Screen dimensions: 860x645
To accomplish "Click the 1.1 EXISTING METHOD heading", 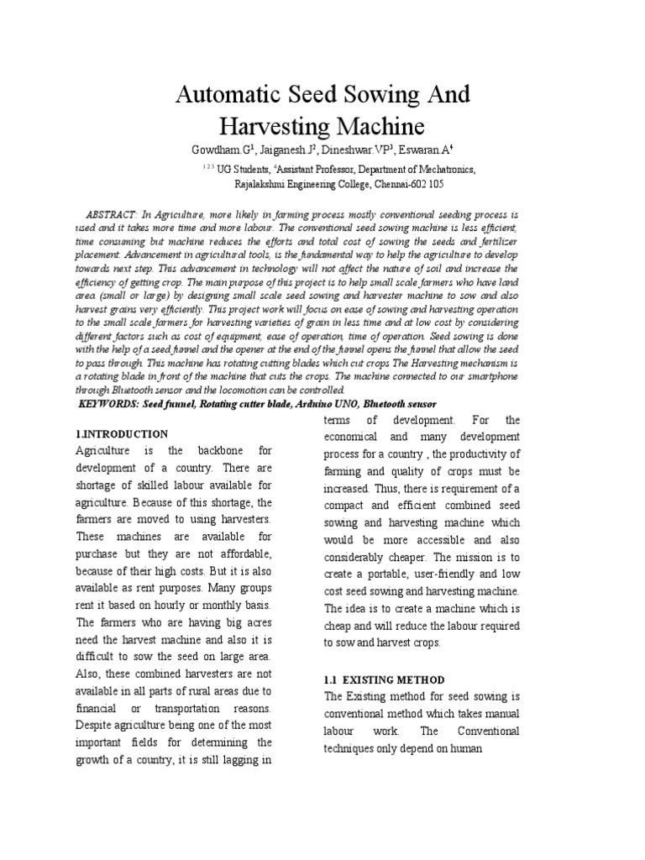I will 384,679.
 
